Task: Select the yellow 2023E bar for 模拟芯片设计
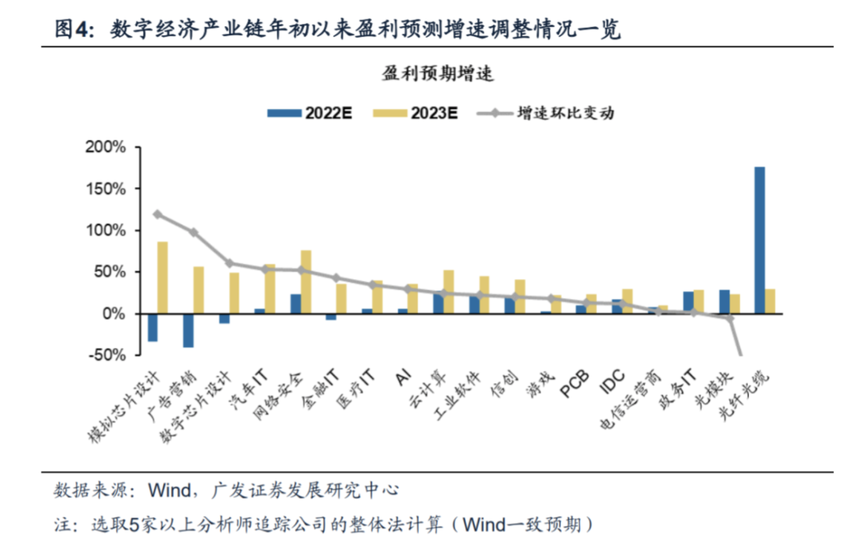click(163, 277)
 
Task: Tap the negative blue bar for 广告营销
click(189, 330)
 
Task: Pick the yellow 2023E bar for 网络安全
click(306, 282)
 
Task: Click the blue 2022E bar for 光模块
click(724, 301)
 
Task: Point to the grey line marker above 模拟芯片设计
click(158, 214)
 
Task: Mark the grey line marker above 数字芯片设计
click(229, 263)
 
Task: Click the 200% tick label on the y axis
click(106, 147)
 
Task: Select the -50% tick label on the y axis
click(107, 355)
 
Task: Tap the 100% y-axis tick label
click(106, 230)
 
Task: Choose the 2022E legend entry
click(310, 113)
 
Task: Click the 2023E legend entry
click(416, 113)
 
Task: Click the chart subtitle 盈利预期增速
click(438, 74)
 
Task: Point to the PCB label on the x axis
click(574, 384)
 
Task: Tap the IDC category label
click(612, 382)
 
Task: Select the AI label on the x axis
click(403, 377)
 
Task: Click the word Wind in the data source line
click(169, 490)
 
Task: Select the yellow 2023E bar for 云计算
click(449, 292)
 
